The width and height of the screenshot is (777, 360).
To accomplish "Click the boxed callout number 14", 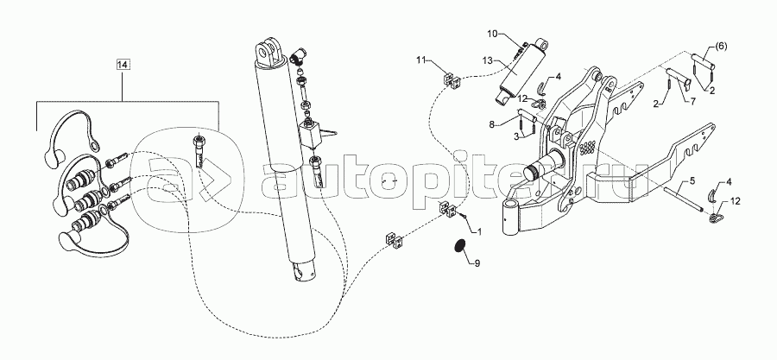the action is pyautogui.click(x=123, y=64).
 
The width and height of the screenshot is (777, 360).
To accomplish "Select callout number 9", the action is pyautogui.click(x=477, y=263).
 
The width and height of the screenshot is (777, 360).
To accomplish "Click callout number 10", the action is pyautogui.click(x=493, y=34).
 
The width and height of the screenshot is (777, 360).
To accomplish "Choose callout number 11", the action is pyautogui.click(x=421, y=60).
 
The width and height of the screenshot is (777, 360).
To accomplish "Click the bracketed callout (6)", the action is pyautogui.click(x=721, y=46).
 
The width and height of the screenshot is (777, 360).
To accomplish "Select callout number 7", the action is pyautogui.click(x=700, y=102).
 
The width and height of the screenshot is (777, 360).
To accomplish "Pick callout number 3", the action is pyautogui.click(x=517, y=136).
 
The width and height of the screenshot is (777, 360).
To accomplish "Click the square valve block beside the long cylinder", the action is pyautogui.click(x=310, y=135).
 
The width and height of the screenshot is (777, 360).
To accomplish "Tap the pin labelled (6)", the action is pyautogui.click(x=704, y=61).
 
